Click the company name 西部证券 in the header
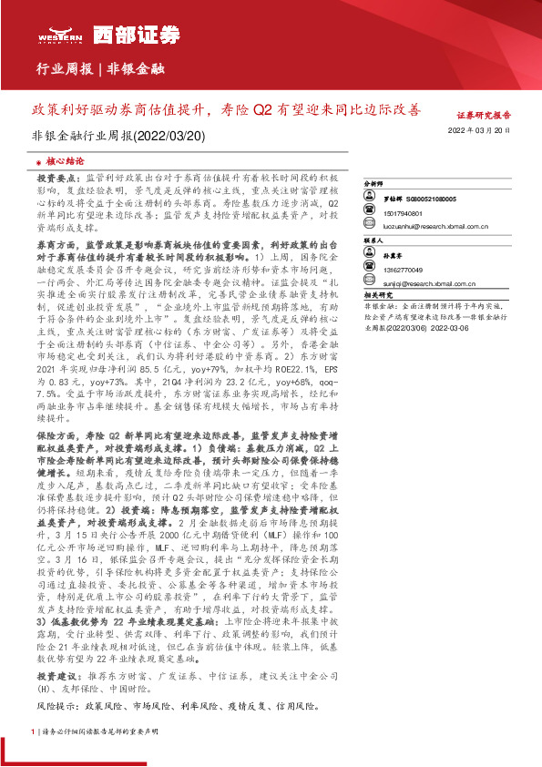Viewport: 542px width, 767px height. (109, 29)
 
